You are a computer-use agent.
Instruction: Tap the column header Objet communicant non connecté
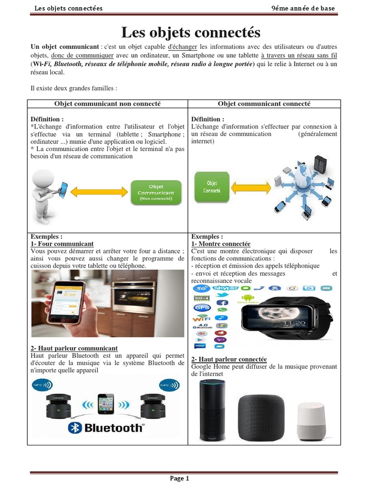(107, 104)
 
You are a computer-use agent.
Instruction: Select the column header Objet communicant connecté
(264, 104)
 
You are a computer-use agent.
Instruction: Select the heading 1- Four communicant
(62, 244)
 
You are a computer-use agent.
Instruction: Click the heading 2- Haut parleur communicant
(74, 348)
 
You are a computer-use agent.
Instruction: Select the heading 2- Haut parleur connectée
(229, 360)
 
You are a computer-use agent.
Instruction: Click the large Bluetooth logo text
(105, 428)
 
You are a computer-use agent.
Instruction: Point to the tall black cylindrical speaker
(212, 409)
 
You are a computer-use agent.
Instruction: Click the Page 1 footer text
(180, 478)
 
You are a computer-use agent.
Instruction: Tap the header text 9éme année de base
(303, 9)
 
